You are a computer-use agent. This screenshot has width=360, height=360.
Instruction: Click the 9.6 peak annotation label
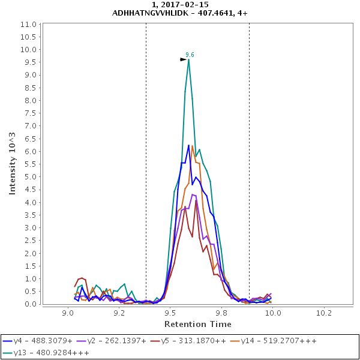tap(190, 55)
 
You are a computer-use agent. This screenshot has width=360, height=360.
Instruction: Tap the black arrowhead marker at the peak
tap(184, 59)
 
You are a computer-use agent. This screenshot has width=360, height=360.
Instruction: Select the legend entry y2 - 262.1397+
tap(112, 341)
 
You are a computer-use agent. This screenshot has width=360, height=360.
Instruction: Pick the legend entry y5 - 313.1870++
tap(189, 341)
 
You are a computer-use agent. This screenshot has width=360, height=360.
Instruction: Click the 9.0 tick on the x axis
tap(68, 313)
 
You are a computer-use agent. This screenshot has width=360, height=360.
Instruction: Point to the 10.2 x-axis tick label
tap(325, 313)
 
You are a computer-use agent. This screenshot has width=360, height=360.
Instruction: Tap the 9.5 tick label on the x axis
tap(171, 313)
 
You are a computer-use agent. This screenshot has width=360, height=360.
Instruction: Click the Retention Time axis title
tap(198, 324)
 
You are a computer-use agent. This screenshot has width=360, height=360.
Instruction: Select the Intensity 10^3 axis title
tap(13, 163)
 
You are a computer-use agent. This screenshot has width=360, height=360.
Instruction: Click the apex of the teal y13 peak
tap(189, 59)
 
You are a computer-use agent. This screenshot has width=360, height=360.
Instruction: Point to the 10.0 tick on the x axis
tap(274, 313)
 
